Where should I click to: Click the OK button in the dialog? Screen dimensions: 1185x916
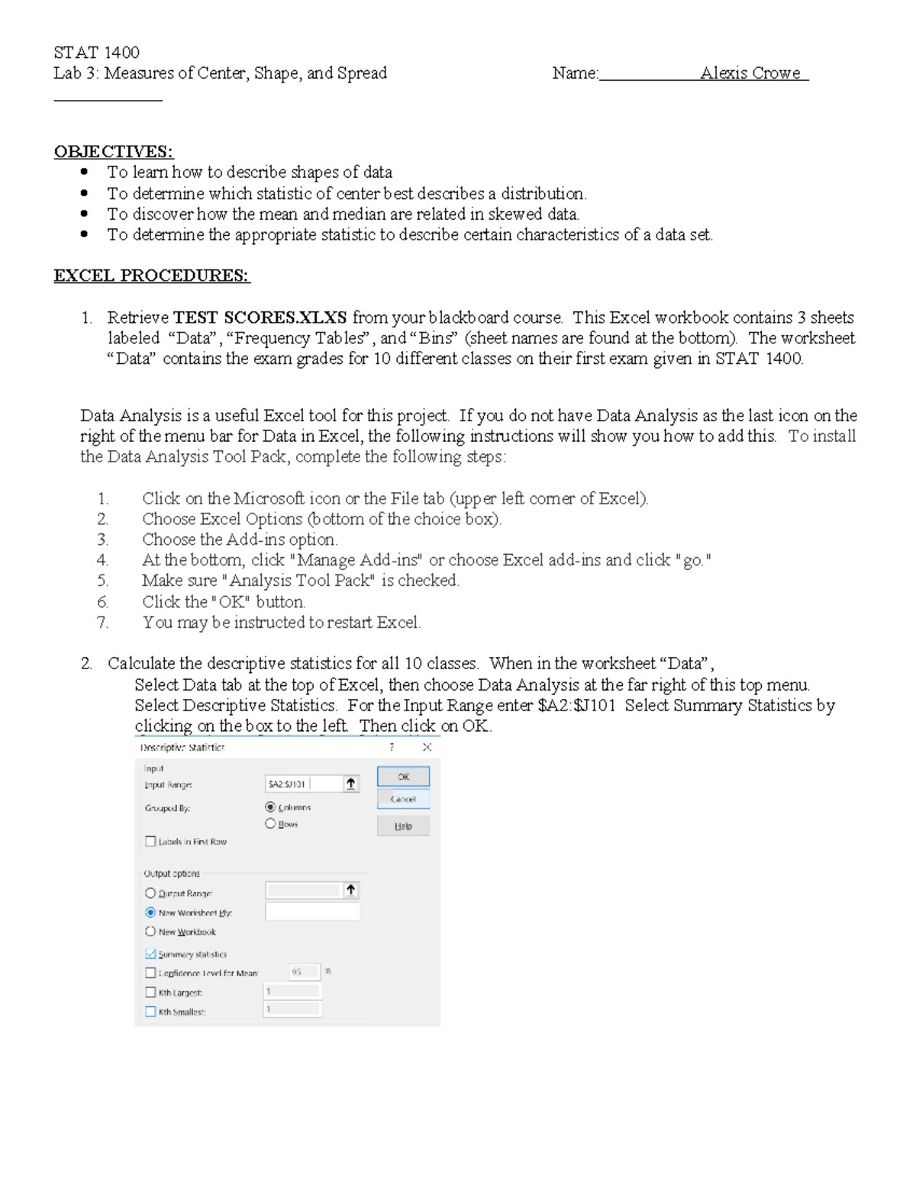(x=403, y=777)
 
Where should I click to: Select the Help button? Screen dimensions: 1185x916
(x=403, y=826)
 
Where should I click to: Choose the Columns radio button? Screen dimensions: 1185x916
(x=270, y=807)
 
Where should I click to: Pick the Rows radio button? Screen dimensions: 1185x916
(x=270, y=824)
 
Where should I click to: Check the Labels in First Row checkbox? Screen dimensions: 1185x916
(x=150, y=842)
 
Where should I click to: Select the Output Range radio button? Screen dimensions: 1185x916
(x=150, y=893)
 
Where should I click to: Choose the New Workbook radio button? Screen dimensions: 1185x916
(x=150, y=932)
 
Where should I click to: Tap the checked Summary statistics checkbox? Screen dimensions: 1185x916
(x=150, y=954)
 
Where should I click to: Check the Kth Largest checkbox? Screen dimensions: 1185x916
(x=150, y=993)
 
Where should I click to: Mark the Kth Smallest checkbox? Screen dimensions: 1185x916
(x=150, y=1012)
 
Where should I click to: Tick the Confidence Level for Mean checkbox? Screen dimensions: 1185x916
(x=150, y=973)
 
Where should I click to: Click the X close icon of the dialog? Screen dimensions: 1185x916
(x=427, y=748)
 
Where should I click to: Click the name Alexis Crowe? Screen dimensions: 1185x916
(x=750, y=73)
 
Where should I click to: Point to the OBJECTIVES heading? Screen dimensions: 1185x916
(x=113, y=152)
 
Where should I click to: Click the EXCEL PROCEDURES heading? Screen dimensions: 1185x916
(x=151, y=275)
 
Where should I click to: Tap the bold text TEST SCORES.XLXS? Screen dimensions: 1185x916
(x=260, y=317)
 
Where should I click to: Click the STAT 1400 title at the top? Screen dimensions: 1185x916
(x=96, y=53)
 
